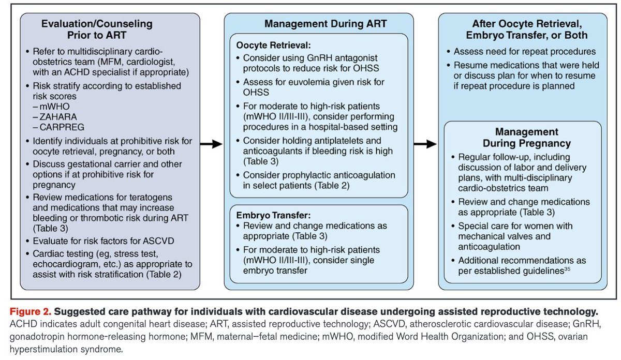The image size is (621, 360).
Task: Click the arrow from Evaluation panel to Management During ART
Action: coord(210,144)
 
